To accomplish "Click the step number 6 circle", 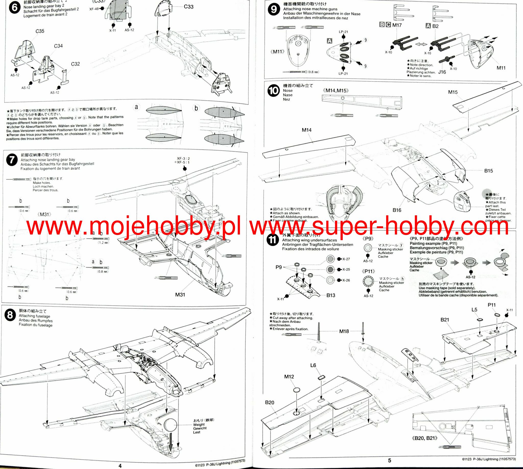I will (x=15, y=8).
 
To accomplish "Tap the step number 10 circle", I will (x=273, y=91).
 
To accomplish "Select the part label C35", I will (x=40, y=31).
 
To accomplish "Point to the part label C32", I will (x=75, y=64).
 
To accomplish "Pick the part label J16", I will (x=442, y=72).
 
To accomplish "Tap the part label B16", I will (x=397, y=210).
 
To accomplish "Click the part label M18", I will (x=344, y=331).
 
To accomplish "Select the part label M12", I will (x=289, y=376).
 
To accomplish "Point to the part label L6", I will (x=313, y=365).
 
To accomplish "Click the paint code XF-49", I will (x=94, y=9).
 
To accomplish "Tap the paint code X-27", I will (x=346, y=259).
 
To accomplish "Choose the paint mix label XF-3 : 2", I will (x=183, y=159).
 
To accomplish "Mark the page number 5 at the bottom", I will (x=389, y=460).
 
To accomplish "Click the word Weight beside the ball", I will (x=199, y=424).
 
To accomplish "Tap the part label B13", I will (x=331, y=295).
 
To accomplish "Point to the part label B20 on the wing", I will (x=269, y=402).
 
